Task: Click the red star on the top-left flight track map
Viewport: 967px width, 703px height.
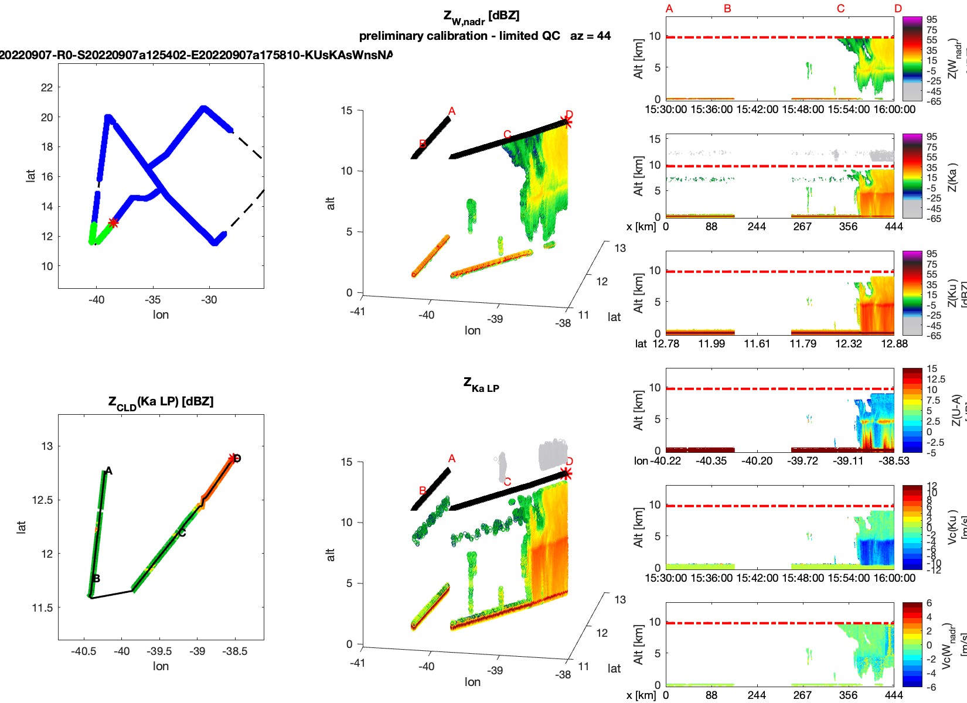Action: (x=113, y=223)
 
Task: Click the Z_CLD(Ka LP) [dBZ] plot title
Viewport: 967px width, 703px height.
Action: (x=161, y=402)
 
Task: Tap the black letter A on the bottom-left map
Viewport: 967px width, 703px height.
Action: (x=108, y=471)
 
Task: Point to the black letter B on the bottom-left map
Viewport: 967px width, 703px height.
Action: (x=96, y=579)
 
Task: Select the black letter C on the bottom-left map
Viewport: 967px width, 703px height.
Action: (x=182, y=533)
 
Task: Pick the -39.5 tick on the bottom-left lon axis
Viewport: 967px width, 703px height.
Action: (x=159, y=651)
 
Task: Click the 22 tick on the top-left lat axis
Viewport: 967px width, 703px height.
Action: (x=47, y=87)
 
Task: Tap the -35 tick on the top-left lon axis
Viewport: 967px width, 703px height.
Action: (x=152, y=299)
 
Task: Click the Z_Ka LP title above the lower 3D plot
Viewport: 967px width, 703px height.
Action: (x=481, y=385)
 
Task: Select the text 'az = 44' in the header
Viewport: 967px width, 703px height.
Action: (x=590, y=36)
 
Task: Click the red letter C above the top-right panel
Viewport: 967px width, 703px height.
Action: (x=840, y=9)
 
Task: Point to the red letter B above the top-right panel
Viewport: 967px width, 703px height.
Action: (x=727, y=9)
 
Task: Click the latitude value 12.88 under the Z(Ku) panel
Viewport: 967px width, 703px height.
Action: (x=894, y=343)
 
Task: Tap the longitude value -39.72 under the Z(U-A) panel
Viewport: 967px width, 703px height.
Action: (x=802, y=460)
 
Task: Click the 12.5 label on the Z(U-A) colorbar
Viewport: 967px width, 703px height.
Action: (x=935, y=379)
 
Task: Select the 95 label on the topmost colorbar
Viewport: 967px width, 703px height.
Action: (x=931, y=19)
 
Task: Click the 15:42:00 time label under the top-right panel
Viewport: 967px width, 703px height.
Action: (x=757, y=109)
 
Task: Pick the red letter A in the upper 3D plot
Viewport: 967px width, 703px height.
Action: (x=451, y=111)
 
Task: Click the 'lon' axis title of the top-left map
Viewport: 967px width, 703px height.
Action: (x=161, y=315)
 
